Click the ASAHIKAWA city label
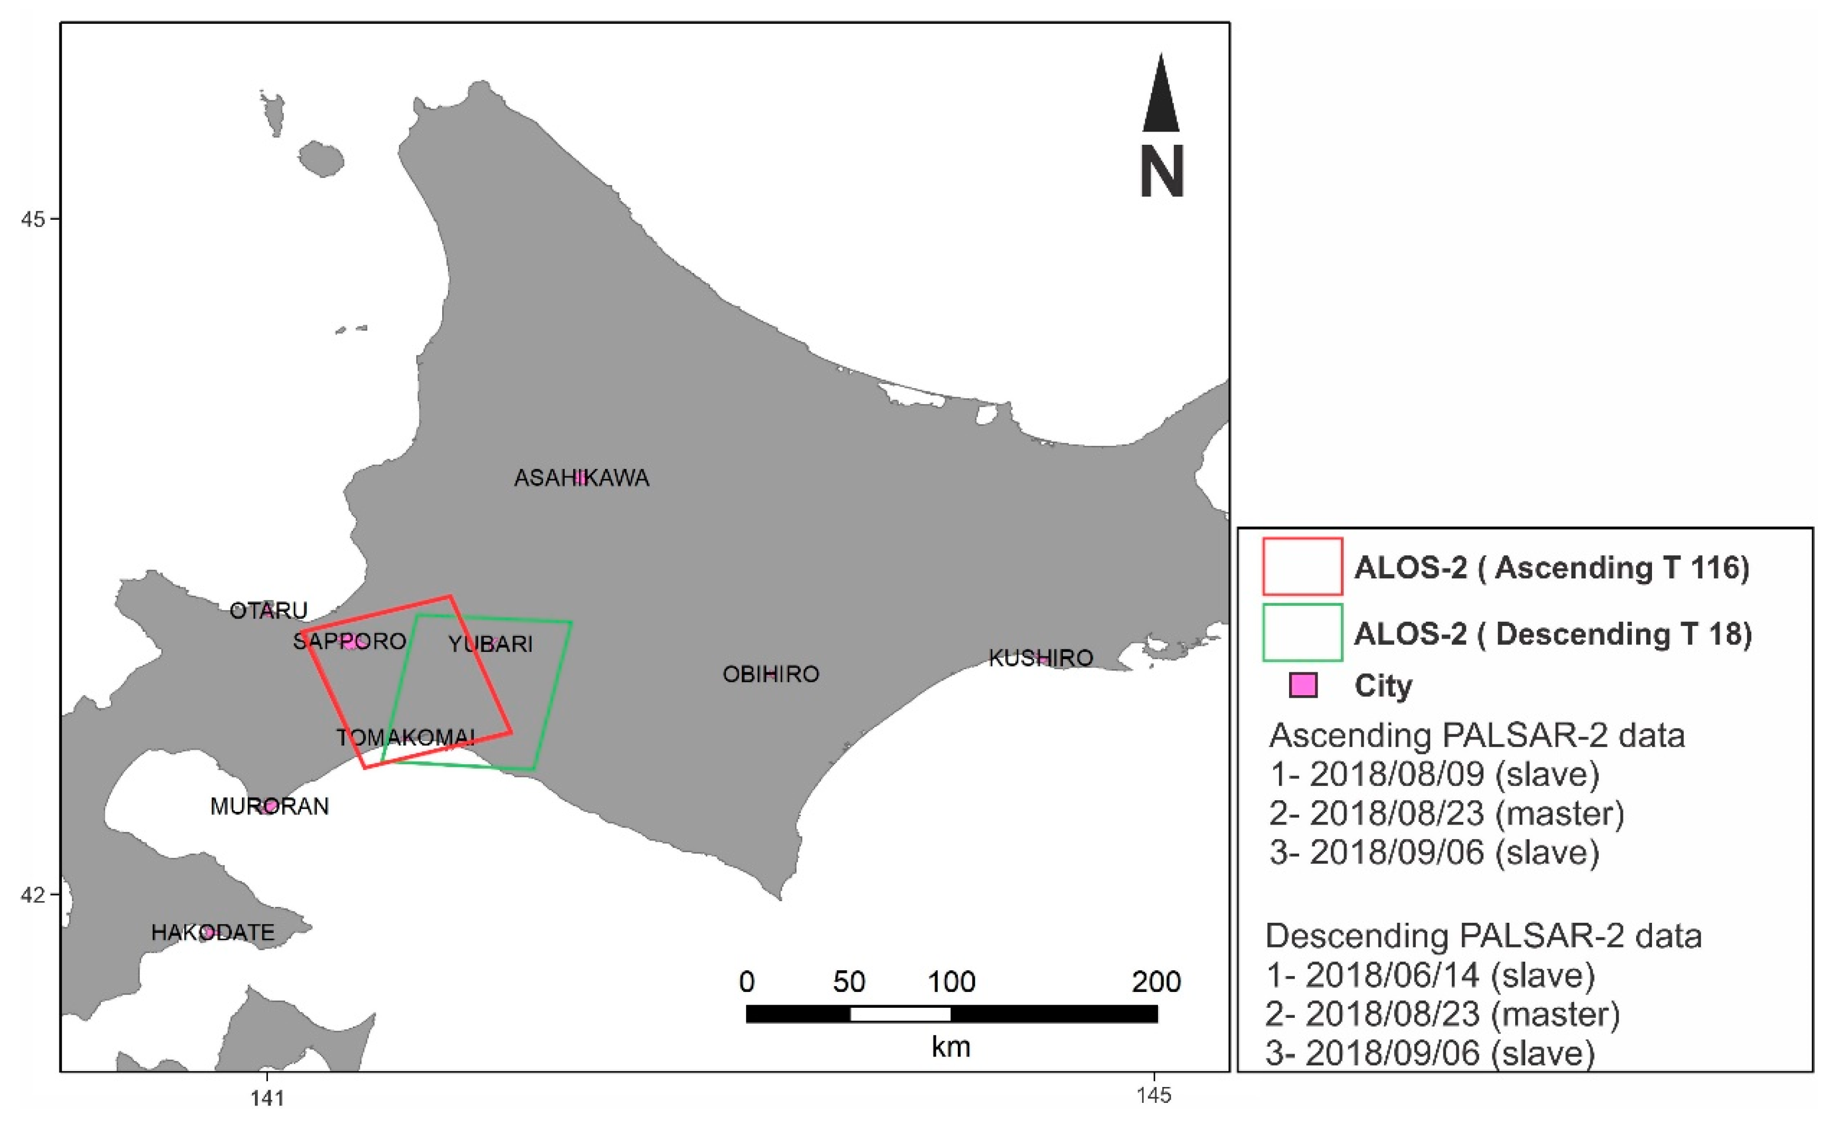(x=582, y=477)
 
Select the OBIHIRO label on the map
(x=770, y=674)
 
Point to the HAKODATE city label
(x=213, y=932)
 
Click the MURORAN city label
(x=269, y=806)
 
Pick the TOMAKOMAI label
(x=405, y=737)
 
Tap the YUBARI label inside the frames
(x=490, y=643)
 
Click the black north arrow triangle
(x=1161, y=97)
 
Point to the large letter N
(x=1161, y=172)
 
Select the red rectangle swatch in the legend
(x=1302, y=566)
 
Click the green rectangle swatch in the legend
(x=1302, y=632)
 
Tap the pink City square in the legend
(x=1303, y=685)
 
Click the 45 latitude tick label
(x=32, y=219)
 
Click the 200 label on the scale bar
(x=1156, y=981)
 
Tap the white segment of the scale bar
(x=900, y=1014)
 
